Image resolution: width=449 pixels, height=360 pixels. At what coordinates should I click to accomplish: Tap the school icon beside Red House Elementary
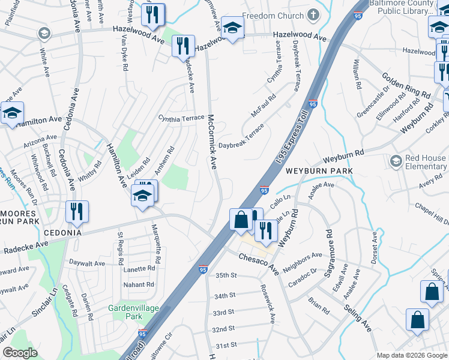pyautogui.click(x=396, y=161)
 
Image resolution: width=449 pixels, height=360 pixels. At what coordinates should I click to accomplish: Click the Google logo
pyautogui.click(x=20, y=353)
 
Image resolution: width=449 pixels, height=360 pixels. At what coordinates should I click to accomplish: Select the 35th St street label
pyautogui.click(x=227, y=275)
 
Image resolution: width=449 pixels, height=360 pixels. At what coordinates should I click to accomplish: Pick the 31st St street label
pyautogui.click(x=226, y=345)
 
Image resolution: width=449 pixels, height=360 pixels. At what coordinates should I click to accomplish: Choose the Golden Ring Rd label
pyautogui.click(x=406, y=86)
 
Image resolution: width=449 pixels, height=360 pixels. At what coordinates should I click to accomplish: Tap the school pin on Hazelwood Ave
pyautogui.click(x=232, y=28)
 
